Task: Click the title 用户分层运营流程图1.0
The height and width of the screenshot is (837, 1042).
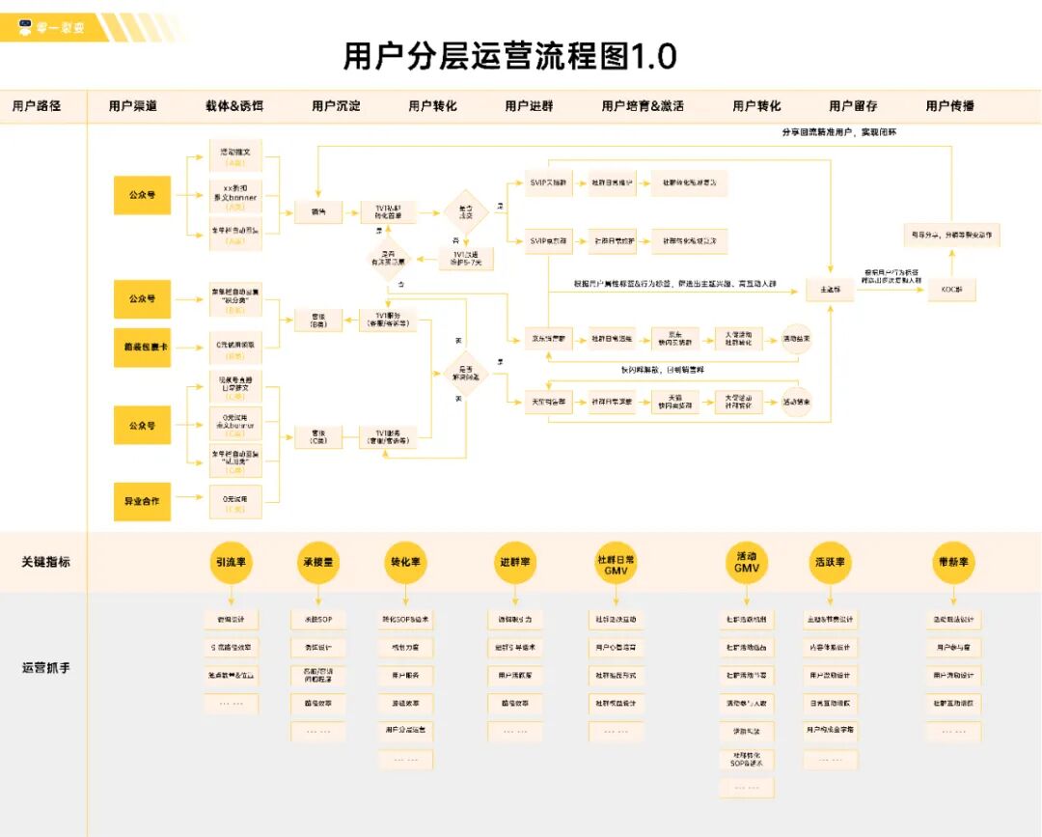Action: (509, 56)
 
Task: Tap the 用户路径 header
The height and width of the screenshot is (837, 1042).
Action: (37, 106)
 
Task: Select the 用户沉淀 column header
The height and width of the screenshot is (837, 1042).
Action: (336, 106)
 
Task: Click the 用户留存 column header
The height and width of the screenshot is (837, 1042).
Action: (853, 106)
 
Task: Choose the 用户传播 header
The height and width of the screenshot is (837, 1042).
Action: (949, 106)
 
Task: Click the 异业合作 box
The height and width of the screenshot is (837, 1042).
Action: (142, 501)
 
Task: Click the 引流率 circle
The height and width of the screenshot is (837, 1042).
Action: (231, 562)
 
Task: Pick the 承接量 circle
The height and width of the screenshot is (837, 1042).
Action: (317, 562)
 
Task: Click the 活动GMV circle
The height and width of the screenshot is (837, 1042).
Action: (746, 562)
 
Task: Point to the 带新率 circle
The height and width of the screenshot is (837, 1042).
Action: (952, 562)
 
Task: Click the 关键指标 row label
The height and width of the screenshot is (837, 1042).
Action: (46, 562)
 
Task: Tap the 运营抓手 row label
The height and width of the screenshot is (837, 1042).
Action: (46, 667)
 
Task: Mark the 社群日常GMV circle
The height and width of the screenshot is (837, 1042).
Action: (616, 562)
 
